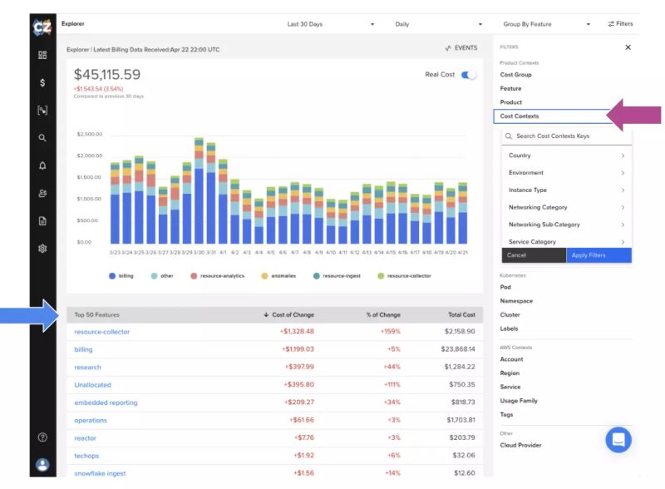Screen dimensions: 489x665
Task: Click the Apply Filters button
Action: click(598, 255)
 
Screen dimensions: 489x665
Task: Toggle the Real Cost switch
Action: click(470, 75)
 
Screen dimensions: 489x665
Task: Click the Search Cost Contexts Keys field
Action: click(569, 136)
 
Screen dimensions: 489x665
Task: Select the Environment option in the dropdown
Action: click(526, 173)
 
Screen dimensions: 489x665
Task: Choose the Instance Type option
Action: click(528, 190)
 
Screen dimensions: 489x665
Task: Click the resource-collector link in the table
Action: click(102, 332)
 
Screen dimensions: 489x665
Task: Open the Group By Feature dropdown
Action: click(546, 24)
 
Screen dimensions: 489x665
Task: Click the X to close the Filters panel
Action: click(628, 47)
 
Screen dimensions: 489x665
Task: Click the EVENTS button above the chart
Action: click(461, 48)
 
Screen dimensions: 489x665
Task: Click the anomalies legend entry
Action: click(280, 275)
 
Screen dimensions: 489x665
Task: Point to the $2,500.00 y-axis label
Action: click(89, 134)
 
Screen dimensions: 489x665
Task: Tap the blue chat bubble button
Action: click(618, 439)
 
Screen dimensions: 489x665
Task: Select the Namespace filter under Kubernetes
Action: click(516, 301)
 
